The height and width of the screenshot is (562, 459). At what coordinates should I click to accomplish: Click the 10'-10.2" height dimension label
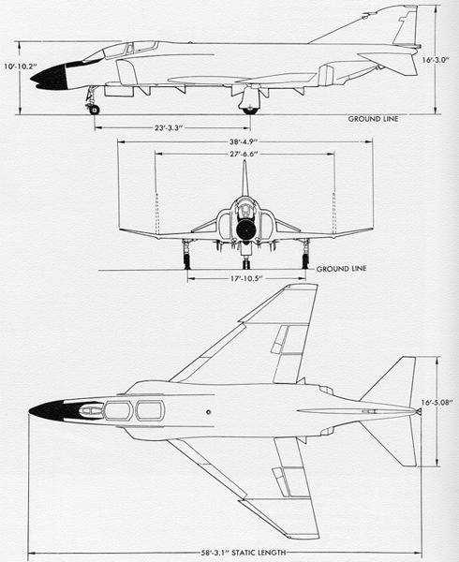point(21,67)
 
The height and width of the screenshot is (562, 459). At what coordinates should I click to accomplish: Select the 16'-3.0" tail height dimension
point(436,60)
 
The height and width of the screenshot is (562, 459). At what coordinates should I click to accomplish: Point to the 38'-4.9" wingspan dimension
point(244,141)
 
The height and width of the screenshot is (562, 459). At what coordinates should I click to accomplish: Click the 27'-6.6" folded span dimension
point(244,155)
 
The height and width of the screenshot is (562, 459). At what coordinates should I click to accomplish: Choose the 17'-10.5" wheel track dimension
point(245,279)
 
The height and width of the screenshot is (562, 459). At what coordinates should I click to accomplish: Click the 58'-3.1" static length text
point(244,553)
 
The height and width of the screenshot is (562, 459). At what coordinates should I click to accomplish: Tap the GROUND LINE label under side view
point(373,119)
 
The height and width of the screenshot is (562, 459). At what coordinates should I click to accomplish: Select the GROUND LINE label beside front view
point(342,269)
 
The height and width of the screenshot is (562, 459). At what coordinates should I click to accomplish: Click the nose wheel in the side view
point(94,110)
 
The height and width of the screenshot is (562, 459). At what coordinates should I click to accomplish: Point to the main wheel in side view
point(250,111)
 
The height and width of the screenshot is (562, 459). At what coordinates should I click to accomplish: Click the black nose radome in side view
point(50,77)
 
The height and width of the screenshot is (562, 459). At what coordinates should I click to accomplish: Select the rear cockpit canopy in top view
point(151,411)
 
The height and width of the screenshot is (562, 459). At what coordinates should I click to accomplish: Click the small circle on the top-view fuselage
point(208,412)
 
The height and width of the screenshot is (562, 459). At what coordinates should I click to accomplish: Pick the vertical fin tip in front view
point(244,161)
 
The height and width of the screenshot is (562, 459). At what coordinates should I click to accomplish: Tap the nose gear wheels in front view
point(245,264)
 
